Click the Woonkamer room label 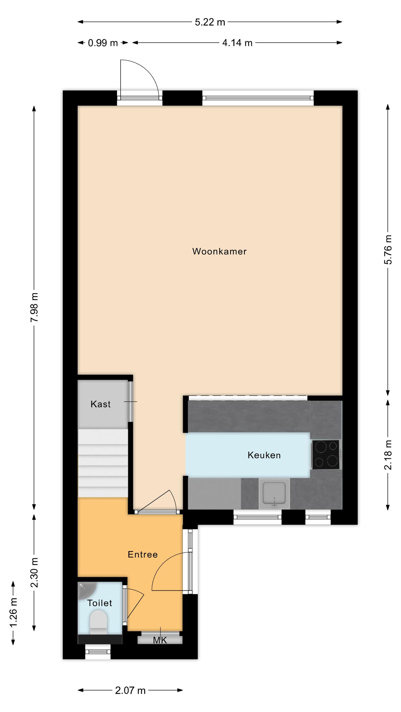219,251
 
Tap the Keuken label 264,455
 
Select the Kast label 100,404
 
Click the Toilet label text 100,603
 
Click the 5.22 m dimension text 210,22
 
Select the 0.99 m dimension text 103,43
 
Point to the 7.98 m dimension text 34,307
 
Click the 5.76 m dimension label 388,250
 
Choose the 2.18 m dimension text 388,455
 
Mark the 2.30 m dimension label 34,572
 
